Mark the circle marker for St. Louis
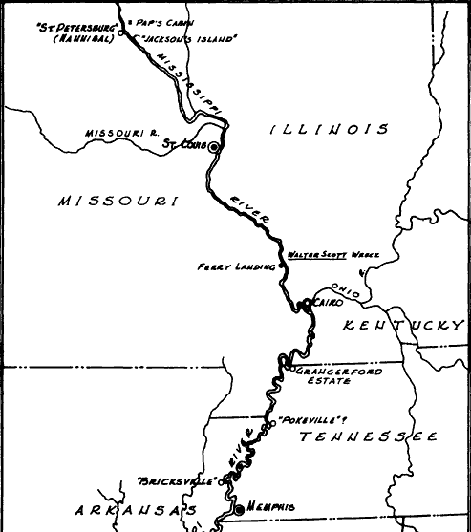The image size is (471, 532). [215, 147]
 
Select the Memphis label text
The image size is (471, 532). [271, 506]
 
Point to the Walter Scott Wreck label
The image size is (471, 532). [333, 256]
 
